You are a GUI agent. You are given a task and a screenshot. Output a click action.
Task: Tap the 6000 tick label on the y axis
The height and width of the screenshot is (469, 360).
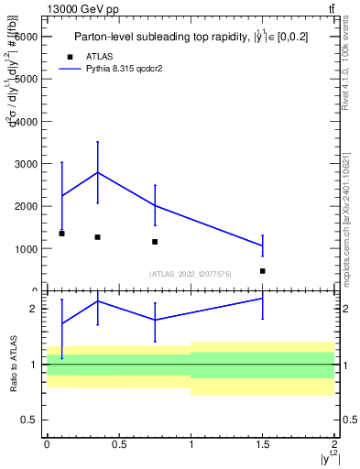pos(25,36)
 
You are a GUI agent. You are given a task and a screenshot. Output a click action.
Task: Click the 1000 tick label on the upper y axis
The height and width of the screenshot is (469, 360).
pos(25,248)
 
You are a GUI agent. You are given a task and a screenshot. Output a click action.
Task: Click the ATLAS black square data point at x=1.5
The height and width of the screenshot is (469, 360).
pos(263,271)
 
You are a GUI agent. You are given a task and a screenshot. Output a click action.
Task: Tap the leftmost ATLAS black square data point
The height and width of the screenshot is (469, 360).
pos(61,234)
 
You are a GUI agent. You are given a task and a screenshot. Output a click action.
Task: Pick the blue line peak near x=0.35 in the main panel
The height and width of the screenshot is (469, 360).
pos(97,172)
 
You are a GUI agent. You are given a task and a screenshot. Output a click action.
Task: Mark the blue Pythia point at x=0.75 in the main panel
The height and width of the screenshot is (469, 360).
pos(155,205)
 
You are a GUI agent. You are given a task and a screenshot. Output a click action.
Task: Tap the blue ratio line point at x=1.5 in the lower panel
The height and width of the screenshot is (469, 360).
pos(263,299)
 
